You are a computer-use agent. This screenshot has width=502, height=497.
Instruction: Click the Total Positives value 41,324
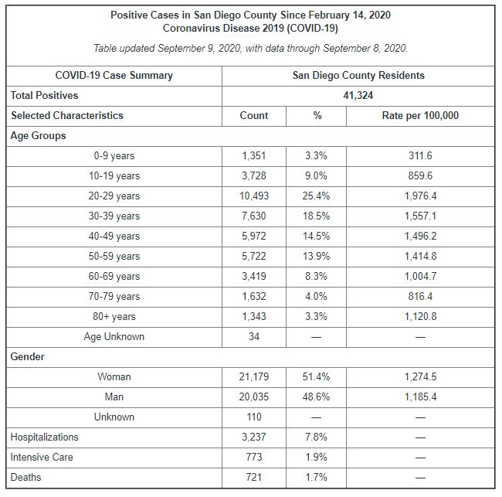[358, 96]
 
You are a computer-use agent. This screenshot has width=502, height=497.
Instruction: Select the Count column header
[254, 116]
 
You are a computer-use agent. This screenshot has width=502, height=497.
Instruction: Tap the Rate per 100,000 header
[420, 116]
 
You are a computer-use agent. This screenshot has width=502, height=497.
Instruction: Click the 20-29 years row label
[114, 196]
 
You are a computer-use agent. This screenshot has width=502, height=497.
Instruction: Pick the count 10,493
[254, 196]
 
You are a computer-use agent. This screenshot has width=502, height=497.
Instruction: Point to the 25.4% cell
[316, 196]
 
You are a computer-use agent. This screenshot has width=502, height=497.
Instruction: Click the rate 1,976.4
[420, 196]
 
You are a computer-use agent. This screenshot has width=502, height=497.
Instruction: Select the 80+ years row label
[114, 317]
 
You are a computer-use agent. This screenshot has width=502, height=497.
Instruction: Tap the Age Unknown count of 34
[254, 337]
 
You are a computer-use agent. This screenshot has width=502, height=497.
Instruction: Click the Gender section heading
[28, 357]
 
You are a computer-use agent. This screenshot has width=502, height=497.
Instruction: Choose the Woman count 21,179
[254, 377]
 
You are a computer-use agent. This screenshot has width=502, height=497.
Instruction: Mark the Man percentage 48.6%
[316, 397]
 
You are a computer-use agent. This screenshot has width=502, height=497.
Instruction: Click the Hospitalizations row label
[44, 437]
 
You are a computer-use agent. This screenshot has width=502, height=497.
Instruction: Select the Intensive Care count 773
[254, 458]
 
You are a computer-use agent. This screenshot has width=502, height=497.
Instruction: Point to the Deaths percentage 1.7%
[316, 478]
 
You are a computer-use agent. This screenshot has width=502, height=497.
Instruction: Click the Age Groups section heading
[39, 136]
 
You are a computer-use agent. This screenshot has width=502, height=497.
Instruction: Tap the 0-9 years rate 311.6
[420, 156]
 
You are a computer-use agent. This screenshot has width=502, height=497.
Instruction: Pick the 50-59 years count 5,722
[254, 257]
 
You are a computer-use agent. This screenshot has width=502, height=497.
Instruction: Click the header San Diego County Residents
[358, 76]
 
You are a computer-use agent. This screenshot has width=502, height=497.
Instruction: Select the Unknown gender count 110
[254, 417]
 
